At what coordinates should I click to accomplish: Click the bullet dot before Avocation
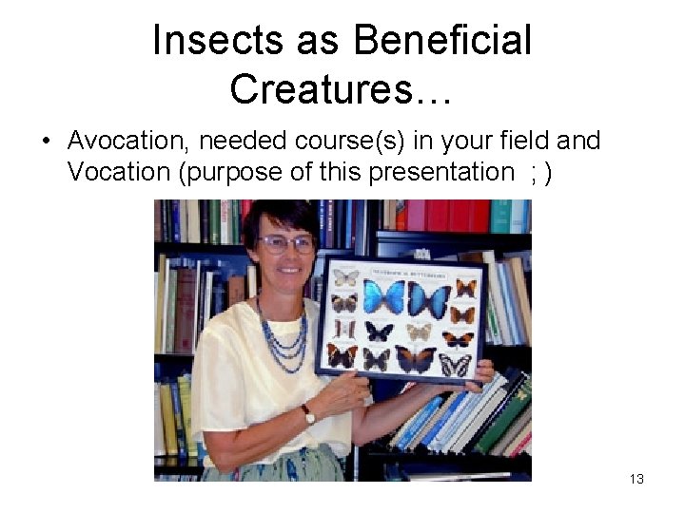[45, 142]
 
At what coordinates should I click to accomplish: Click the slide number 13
[636, 479]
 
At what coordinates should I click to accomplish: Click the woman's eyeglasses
[285, 243]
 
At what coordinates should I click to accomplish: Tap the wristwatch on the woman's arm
[307, 415]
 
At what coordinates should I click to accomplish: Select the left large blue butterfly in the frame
[383, 298]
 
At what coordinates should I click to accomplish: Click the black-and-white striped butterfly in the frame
[455, 365]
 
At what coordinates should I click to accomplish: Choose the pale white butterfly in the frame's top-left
[346, 277]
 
